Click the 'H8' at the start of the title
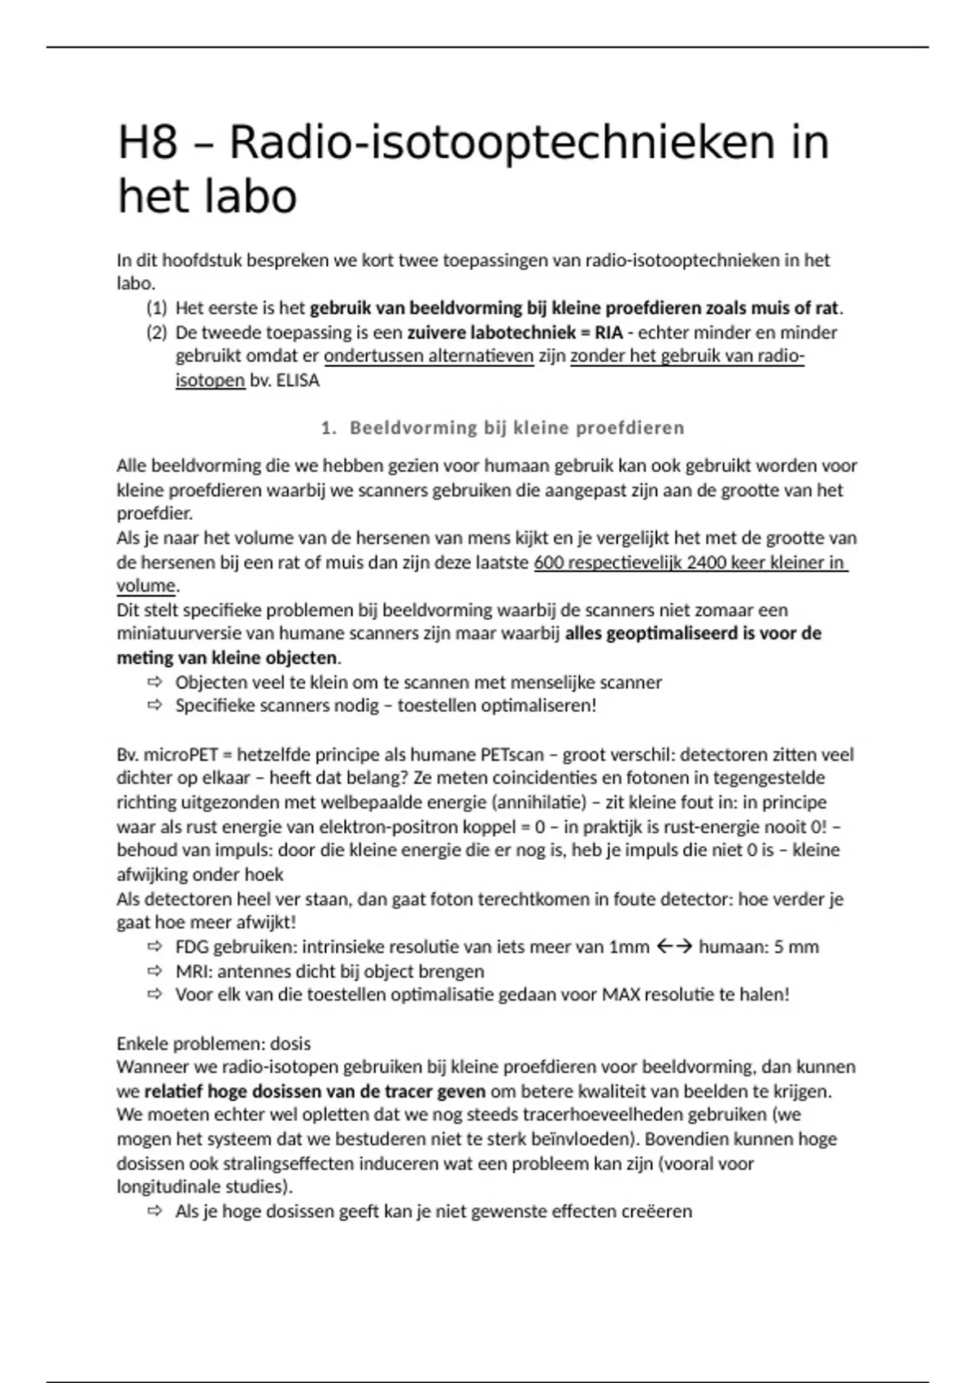147,143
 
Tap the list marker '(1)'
156,308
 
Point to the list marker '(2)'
156,332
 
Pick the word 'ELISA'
298,380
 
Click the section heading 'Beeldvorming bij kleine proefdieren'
516,428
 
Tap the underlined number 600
549,562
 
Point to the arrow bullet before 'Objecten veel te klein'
155,682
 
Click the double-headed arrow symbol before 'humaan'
673,947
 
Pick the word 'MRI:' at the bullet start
194,971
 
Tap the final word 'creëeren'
656,1211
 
